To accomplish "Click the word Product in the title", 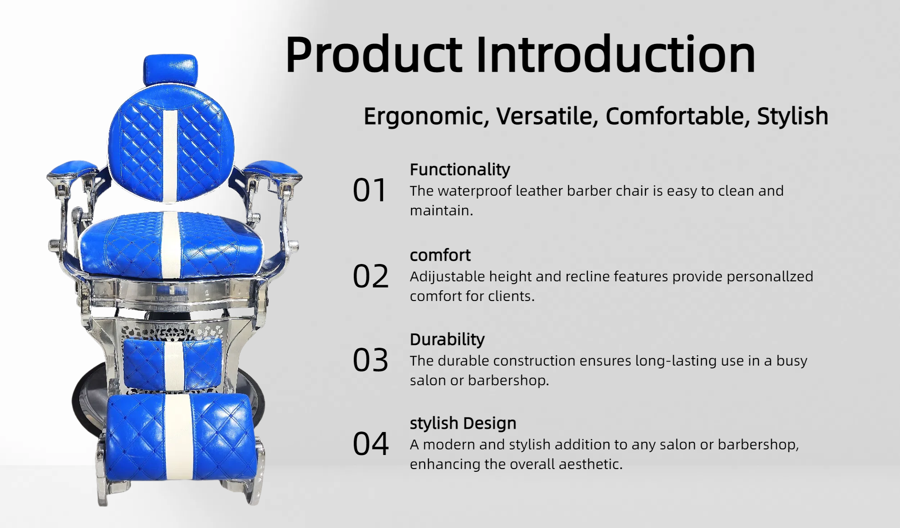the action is pyautogui.click(x=374, y=54).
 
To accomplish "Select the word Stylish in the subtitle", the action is pyautogui.click(x=793, y=116).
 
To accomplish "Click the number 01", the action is pyautogui.click(x=369, y=191).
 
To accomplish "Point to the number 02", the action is pyautogui.click(x=370, y=276).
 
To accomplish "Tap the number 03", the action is pyautogui.click(x=370, y=360).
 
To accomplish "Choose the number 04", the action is pyautogui.click(x=370, y=444).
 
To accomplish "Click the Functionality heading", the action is pyautogui.click(x=460, y=170).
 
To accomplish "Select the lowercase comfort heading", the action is pyautogui.click(x=440, y=255).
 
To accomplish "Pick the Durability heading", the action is pyautogui.click(x=447, y=339).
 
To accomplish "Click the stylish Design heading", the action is pyautogui.click(x=463, y=423).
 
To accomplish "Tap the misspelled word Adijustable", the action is pyautogui.click(x=447, y=277).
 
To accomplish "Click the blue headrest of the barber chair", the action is pyautogui.click(x=170, y=70).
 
